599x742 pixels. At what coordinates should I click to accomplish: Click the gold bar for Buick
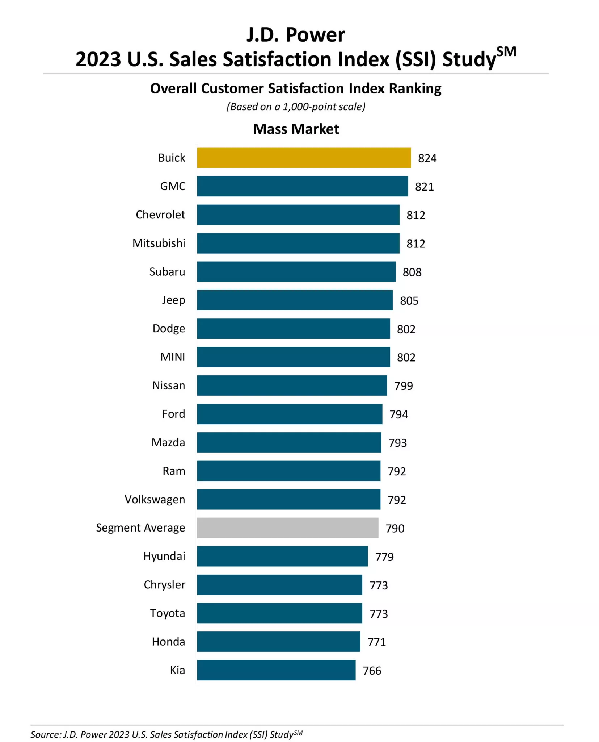point(304,158)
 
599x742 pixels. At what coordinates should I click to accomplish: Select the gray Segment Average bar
point(287,528)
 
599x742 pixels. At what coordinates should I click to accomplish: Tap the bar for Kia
point(276,670)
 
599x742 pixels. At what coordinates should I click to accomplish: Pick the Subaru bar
point(296,271)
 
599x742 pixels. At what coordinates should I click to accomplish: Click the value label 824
point(427,158)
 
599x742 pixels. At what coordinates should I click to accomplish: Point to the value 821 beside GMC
point(424,187)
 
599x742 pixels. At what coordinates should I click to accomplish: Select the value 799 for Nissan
point(403,386)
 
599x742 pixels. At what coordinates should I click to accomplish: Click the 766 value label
point(372,671)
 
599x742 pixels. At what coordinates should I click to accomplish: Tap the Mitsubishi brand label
point(159,243)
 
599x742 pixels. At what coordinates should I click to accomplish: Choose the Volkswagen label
point(155,499)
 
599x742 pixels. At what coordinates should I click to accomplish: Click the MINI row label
point(172,357)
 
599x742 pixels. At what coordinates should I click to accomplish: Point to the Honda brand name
point(168,642)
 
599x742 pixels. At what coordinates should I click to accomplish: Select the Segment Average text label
point(140,528)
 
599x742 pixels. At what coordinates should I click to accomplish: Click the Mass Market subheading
point(296,129)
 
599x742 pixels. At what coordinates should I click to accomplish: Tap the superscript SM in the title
point(506,52)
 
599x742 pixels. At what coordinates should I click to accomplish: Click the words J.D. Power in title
point(295,35)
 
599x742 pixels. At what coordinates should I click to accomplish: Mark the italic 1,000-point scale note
point(296,107)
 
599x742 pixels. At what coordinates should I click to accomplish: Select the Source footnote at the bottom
point(166,734)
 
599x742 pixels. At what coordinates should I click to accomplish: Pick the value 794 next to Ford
point(398,414)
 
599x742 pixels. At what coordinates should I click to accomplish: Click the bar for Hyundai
point(282,556)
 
